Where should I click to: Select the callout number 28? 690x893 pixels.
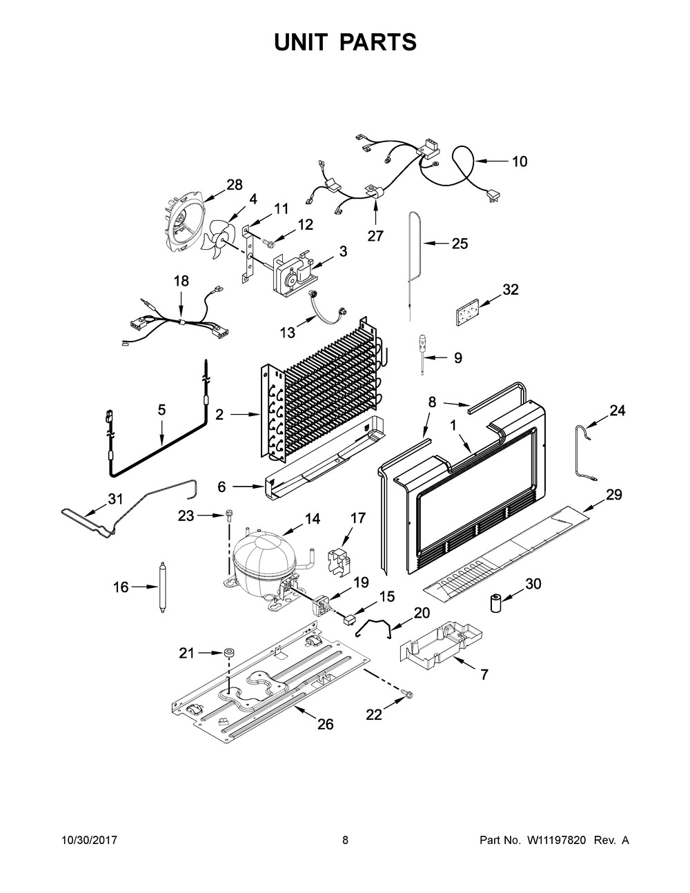[235, 185]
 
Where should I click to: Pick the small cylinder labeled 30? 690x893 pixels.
[497, 603]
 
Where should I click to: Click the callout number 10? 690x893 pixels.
[520, 161]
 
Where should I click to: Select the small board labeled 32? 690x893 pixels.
[468, 312]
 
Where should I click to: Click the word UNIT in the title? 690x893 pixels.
[300, 42]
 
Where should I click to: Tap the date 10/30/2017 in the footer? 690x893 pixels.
[89, 840]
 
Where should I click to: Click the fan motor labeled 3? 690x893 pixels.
[293, 273]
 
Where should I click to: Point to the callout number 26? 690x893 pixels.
[325, 724]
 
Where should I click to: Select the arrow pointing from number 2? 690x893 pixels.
[245, 415]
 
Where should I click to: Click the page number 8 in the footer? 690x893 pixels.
[345, 840]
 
